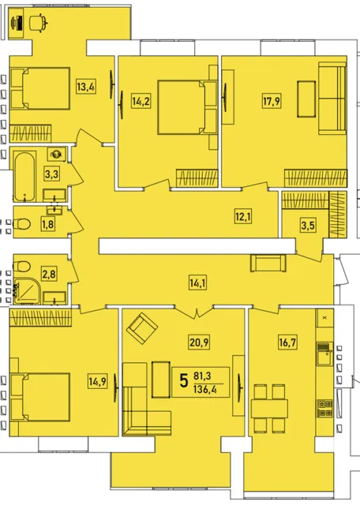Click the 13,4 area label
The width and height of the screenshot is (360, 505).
click(86, 86)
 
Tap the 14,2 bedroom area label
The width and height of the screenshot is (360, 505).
click(141, 101)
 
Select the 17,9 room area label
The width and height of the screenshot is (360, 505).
click(272, 101)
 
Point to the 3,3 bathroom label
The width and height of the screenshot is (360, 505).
click(51, 174)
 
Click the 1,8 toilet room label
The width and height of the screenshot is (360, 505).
click(47, 224)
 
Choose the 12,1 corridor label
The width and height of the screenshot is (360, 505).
click(243, 217)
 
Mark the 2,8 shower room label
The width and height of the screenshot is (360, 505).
click(49, 275)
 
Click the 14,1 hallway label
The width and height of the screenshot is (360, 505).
click(198, 283)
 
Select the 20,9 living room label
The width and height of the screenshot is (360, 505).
click(199, 342)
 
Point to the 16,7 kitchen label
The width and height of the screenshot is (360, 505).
click(287, 342)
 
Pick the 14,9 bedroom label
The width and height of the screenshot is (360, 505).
click(98, 382)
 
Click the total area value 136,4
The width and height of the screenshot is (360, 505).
click(205, 390)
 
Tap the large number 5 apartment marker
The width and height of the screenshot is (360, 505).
click(184, 381)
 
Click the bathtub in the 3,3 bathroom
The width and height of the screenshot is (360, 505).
click(24, 177)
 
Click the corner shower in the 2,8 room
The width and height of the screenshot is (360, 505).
click(27, 290)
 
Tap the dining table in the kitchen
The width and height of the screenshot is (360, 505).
click(269, 409)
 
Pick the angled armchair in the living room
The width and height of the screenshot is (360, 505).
click(142, 329)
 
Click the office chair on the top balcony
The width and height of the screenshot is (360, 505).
click(39, 23)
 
